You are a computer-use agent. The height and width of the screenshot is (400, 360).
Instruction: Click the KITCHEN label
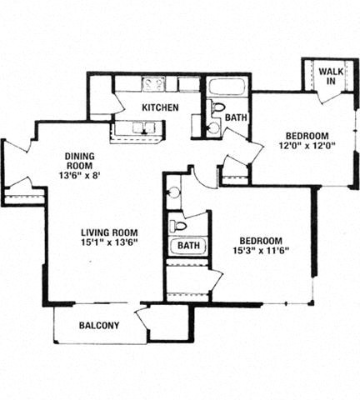[x=160, y=107]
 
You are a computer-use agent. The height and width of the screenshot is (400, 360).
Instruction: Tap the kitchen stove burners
[x=152, y=83]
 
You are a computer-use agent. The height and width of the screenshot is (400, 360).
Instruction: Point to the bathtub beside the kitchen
[x=226, y=87]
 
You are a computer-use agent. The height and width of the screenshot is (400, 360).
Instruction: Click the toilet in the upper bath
[x=217, y=107]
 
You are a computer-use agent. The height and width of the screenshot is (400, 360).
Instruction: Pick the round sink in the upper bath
[x=212, y=127]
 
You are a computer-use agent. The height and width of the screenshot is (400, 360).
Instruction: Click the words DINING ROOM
[x=79, y=161]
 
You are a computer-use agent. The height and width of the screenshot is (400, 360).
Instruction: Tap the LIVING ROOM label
[x=109, y=232]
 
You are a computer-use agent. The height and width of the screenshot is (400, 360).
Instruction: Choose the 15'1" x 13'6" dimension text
[x=109, y=242]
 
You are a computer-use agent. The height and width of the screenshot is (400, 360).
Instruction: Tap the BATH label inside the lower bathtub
[x=188, y=246]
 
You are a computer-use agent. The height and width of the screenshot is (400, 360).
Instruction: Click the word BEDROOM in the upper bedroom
[x=307, y=136]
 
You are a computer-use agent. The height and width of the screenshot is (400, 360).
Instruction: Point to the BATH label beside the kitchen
[x=236, y=117]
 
